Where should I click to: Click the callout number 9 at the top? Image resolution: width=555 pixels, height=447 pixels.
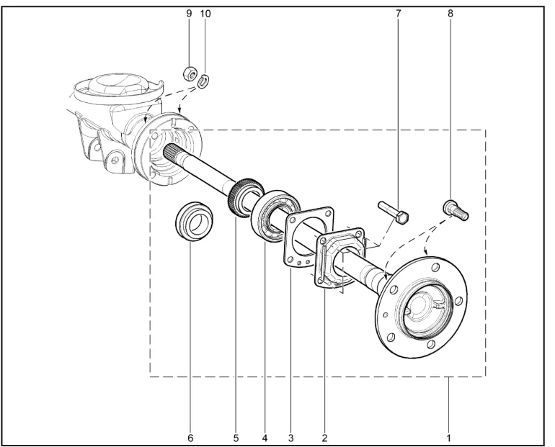[189, 14]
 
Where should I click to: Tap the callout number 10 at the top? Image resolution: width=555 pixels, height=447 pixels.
[205, 14]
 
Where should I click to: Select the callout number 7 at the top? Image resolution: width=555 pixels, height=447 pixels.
[398, 14]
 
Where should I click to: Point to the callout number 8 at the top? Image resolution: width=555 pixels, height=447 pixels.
[450, 14]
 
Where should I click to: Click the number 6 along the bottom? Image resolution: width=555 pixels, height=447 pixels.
[190, 438]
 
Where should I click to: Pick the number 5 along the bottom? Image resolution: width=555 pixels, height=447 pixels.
[236, 438]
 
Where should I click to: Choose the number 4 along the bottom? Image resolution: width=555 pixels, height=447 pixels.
[265, 438]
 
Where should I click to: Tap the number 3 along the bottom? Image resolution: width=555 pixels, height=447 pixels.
[290, 438]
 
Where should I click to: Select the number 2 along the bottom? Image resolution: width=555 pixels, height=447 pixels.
[324, 438]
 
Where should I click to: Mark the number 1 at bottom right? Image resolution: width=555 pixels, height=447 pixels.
[448, 438]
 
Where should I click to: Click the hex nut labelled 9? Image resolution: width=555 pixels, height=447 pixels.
[190, 73]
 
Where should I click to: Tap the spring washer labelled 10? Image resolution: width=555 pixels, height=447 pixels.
[203, 81]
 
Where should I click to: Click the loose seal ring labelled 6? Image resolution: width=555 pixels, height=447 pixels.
[195, 222]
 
